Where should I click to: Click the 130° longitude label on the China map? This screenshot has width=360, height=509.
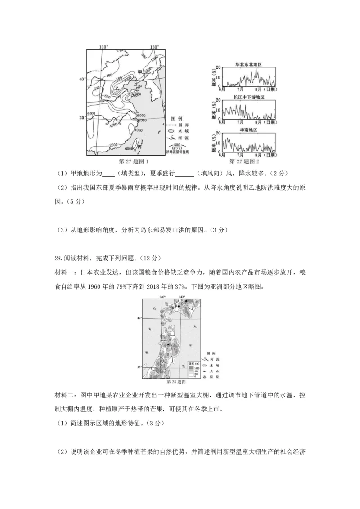click(155, 47)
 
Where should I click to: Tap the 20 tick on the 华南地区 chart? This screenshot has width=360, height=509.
click(218, 134)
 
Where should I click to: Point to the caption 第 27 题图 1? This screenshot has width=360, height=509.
click(132, 161)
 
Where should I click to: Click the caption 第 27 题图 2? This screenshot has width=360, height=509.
click(244, 161)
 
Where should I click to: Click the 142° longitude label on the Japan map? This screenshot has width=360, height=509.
click(182, 297)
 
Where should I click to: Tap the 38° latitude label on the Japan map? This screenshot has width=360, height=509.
click(140, 367)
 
